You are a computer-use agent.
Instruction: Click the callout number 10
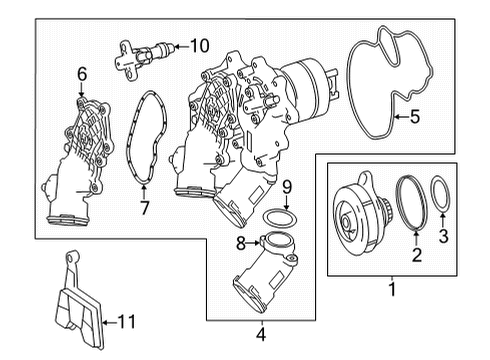199,46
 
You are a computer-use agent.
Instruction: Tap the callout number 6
82,74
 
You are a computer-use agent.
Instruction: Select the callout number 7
144,208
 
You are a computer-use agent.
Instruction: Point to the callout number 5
415,117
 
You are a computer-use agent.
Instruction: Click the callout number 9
287,187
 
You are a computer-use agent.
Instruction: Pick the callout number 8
241,243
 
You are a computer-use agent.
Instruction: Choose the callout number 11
127,322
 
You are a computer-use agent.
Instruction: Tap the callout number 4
261,334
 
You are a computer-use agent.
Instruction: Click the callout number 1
392,289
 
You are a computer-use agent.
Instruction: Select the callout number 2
417,255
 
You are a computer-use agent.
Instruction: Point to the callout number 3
443,236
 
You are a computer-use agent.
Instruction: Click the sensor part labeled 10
143,57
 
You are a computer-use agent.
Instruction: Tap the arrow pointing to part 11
109,322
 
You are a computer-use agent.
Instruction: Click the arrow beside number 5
401,117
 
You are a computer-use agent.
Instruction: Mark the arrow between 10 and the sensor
181,46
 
